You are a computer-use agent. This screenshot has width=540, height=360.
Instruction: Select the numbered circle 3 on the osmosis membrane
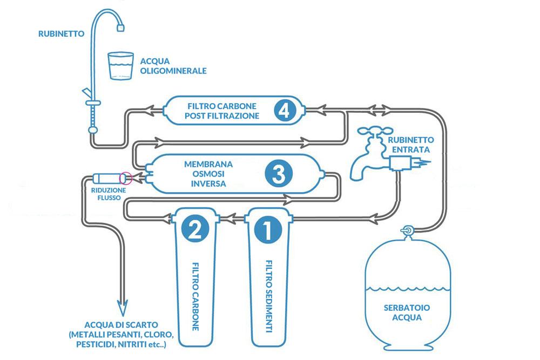tap(279, 174)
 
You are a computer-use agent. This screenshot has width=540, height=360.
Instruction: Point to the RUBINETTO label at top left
tap(61, 33)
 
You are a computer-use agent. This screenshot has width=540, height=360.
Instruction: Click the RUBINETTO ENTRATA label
tap(408, 144)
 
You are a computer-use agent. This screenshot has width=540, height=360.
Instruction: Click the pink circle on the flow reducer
tap(126, 177)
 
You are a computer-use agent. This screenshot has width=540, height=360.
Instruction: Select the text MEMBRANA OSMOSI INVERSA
tap(201, 173)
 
